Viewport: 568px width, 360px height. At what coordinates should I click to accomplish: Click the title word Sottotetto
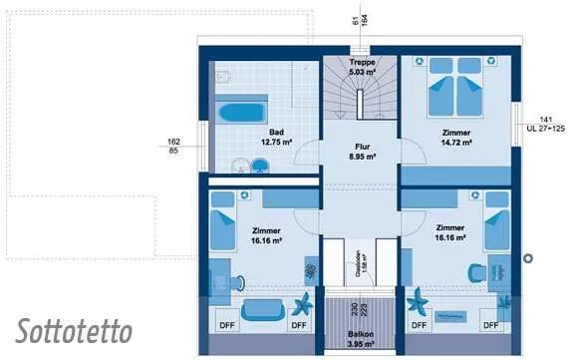pos(74,330)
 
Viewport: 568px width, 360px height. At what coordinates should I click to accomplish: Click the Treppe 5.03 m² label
pos(361,67)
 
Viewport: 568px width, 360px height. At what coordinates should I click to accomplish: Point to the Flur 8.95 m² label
pos(361,151)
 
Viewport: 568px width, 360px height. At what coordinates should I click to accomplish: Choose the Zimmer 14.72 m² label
pos(456,138)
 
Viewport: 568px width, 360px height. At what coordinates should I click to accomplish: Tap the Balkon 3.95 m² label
pos(361,339)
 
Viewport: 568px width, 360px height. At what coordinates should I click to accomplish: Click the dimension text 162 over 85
pos(173,146)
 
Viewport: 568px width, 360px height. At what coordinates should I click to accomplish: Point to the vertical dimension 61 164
pos(360,19)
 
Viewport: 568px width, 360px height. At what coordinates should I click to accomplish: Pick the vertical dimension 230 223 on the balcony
pos(360,309)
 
